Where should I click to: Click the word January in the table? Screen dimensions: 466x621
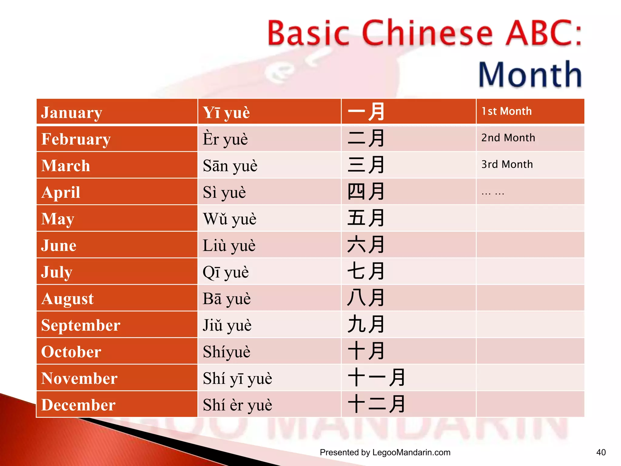tap(72, 113)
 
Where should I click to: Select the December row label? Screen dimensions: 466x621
tap(78, 405)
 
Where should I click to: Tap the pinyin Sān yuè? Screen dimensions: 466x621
tap(230, 166)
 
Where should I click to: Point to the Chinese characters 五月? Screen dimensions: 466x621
tap(366, 218)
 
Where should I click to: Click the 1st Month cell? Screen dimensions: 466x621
tap(506, 111)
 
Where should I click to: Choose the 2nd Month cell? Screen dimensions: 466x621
tap(508, 138)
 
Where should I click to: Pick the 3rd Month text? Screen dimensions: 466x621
tap(507, 164)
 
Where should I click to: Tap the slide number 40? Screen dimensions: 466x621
tap(601, 452)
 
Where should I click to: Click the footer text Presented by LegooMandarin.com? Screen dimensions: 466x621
tap(385, 452)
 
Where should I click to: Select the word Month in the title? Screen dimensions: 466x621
tap(530, 75)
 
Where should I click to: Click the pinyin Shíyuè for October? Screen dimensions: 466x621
tap(227, 352)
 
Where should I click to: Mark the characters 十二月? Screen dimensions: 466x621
tap(376, 404)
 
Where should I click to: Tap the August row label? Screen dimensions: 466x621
tap(68, 299)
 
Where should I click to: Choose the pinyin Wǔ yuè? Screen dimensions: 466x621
tap(230, 219)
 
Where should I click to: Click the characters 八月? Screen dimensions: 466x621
tap(366, 298)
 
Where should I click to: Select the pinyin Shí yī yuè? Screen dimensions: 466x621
tap(237, 378)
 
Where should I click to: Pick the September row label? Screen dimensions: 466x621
tap(81, 325)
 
